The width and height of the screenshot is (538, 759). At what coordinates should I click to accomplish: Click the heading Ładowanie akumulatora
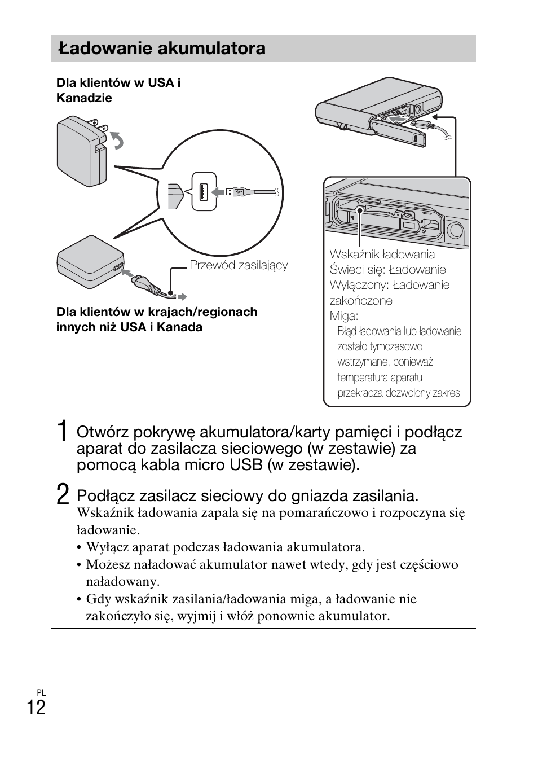pos(161,49)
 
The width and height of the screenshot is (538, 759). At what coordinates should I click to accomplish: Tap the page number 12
pos(36,707)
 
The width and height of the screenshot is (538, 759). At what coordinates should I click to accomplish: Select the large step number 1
pos(63,432)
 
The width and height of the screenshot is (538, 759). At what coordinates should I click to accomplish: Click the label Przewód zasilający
pos(238,265)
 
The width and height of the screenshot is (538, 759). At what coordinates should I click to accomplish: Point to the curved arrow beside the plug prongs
pos(117,139)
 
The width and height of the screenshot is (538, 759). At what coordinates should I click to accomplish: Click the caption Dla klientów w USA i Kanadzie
pos(118,90)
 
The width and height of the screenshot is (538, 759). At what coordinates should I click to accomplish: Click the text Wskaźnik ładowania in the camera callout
pos(382,254)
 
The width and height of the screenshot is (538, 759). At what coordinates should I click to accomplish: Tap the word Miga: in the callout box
pos(343,315)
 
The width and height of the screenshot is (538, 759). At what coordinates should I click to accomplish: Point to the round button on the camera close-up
pos(454,229)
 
